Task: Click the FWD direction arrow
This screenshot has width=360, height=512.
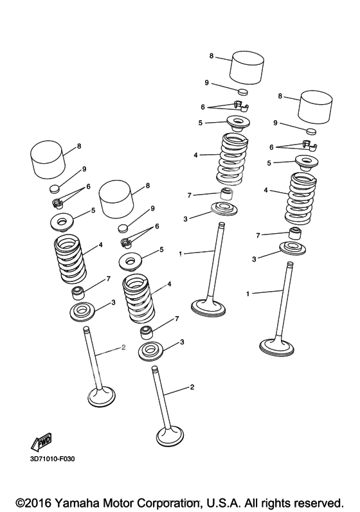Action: pos(41,441)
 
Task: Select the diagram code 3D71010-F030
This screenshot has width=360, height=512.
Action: pos(52,459)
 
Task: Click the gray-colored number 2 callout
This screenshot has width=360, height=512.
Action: pos(123,348)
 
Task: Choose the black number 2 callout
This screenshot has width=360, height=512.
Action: pos(192,387)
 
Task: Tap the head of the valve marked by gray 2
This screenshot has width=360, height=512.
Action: pos(102,397)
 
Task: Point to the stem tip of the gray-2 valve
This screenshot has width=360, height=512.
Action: pos(86,328)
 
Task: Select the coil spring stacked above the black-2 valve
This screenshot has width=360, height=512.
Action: pos(138,299)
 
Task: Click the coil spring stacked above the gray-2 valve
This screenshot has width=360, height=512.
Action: pos(70,260)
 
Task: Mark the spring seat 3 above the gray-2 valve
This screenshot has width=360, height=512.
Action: pos(82,311)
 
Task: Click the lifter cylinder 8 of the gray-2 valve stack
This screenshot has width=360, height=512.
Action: pos(47,160)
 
